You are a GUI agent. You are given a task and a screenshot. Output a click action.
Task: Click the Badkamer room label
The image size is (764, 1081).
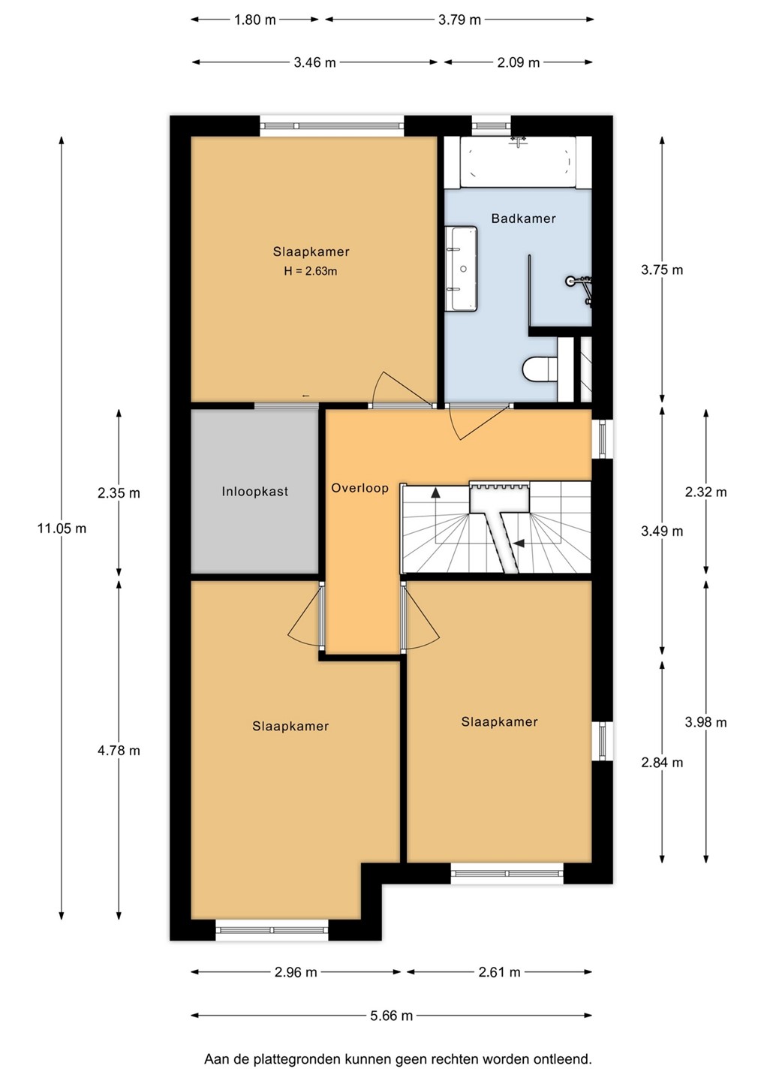click(523, 218)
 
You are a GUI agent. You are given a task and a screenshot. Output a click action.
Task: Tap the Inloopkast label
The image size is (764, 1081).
click(254, 492)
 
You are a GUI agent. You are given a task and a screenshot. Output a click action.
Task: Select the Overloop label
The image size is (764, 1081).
click(359, 488)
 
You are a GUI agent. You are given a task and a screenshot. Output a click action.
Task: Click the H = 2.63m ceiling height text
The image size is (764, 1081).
click(311, 271)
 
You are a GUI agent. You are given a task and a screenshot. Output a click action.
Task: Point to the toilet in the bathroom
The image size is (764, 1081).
click(540, 369)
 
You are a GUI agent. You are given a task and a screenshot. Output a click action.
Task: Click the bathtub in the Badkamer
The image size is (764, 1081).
click(518, 162)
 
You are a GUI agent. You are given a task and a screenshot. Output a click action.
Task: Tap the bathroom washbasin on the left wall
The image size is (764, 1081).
click(462, 269)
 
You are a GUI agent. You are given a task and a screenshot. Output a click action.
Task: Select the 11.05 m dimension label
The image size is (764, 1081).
click(62, 528)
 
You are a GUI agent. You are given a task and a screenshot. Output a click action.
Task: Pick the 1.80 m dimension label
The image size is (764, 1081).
click(254, 20)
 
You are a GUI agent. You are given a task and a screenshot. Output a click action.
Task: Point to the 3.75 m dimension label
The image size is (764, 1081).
click(662, 269)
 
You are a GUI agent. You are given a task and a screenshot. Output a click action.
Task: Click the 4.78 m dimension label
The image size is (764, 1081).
click(119, 751)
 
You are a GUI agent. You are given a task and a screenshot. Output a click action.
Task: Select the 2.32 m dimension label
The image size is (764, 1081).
click(705, 492)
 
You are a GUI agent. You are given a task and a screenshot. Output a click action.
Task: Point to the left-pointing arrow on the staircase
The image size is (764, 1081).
click(519, 544)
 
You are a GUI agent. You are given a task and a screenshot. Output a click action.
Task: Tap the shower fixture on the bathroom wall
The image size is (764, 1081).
click(579, 288)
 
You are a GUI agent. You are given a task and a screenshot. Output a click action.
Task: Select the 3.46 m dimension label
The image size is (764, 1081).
click(314, 62)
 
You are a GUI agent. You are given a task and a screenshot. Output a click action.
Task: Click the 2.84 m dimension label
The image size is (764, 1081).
click(662, 763)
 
